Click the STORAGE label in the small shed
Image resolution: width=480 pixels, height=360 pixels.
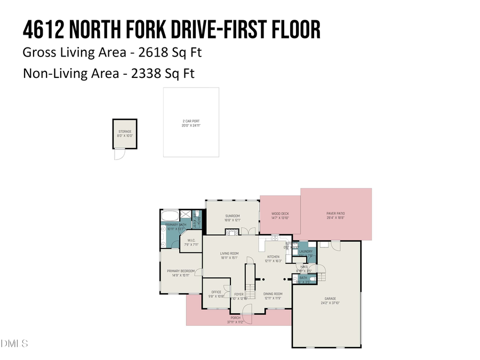pos(124,131)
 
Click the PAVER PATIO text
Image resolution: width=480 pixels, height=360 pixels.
pos(335,213)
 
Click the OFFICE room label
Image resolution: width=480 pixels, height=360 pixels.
pos(216,292)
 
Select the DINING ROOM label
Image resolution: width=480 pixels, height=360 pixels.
pos(273,294)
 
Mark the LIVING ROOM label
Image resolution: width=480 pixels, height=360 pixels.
pos(229,253)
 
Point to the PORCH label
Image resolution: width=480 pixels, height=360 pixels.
pos(236,318)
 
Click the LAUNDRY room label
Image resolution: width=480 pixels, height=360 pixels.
pos(306,251)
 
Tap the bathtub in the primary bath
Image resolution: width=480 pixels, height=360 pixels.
pos(170,217)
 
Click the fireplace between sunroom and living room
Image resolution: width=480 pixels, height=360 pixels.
pos(230,233)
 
